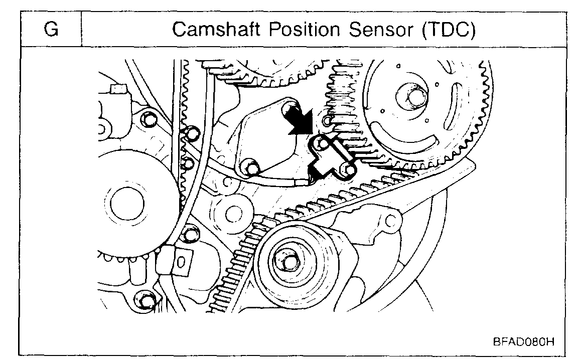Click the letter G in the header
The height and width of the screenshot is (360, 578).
tap(51, 30)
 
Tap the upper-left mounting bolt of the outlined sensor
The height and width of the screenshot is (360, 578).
tap(322, 145)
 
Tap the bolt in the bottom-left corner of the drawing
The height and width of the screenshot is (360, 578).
tap(146, 301)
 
